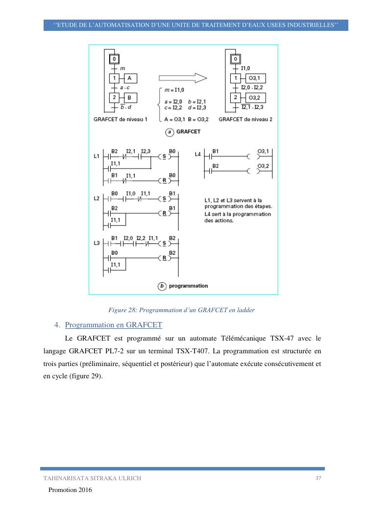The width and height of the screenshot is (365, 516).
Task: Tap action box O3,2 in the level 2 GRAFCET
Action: [x=255, y=98]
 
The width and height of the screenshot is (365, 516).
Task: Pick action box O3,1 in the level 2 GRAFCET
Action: [x=255, y=78]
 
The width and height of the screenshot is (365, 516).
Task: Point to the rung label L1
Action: [x=96, y=157]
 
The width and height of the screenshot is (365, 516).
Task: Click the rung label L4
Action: [x=198, y=155]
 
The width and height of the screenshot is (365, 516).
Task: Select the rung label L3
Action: [x=96, y=244]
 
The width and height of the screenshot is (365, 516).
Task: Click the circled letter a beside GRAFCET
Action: [x=169, y=132]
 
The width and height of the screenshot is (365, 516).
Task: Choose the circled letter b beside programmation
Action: [x=162, y=286]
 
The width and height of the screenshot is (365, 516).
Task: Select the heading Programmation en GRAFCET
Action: [x=113, y=324]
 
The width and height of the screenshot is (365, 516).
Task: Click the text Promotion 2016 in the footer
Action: [x=70, y=490]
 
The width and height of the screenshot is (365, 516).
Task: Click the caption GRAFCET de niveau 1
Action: [x=120, y=119]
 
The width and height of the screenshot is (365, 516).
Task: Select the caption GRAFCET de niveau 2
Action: [x=245, y=119]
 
